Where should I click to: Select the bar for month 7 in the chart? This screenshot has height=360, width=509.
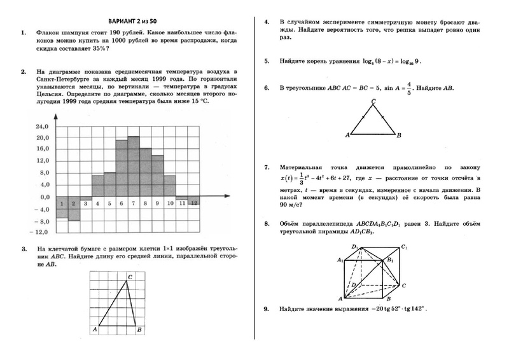(x=133, y=167)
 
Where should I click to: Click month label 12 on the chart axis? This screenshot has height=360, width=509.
(x=194, y=203)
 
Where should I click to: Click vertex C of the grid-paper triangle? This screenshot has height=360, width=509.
(x=130, y=277)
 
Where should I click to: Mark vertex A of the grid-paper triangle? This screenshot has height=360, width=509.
(x=94, y=329)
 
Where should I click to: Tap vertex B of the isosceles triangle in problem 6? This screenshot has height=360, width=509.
(x=398, y=135)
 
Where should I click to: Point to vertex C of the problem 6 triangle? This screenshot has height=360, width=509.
(x=373, y=102)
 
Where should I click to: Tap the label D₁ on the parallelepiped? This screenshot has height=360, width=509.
(x=354, y=246)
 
